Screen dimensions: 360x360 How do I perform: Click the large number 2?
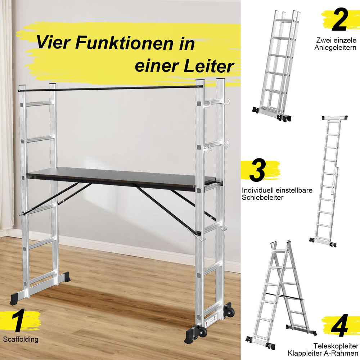(339, 19)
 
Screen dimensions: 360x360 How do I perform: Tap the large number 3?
(257, 170)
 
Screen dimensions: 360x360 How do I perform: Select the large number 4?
(339, 325)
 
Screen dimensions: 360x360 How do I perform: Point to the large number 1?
(19, 320)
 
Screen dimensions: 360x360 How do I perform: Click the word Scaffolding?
(21, 339)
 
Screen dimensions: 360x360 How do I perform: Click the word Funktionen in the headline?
(124, 43)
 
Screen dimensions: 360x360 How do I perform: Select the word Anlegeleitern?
(335, 48)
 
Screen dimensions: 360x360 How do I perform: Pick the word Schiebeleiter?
(263, 197)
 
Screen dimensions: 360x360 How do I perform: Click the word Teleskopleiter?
(336, 346)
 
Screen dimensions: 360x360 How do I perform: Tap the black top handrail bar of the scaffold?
(110, 89)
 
